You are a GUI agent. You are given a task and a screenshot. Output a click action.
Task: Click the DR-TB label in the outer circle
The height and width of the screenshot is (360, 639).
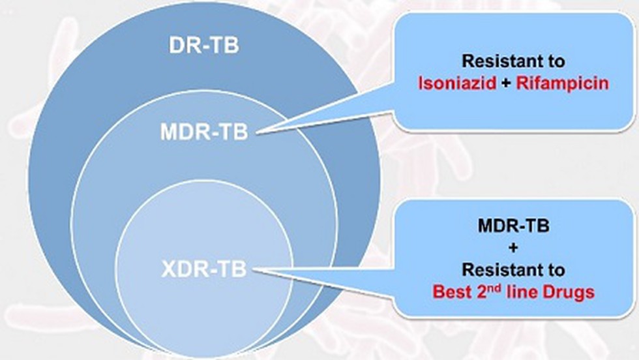(x=203, y=45)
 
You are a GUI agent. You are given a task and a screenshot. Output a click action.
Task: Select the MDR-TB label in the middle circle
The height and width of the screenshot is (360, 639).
(x=204, y=132)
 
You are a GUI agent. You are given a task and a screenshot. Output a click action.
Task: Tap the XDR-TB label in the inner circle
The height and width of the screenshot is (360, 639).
(x=203, y=269)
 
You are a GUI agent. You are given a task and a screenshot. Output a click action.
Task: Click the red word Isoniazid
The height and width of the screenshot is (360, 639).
(x=457, y=83)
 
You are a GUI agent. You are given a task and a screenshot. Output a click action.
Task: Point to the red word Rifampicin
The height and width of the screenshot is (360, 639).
(x=562, y=83)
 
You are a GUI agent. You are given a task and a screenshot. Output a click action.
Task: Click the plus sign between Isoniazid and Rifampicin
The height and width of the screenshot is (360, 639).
(x=506, y=84)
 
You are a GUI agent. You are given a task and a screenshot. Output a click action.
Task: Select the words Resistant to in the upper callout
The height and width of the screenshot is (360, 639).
(x=514, y=61)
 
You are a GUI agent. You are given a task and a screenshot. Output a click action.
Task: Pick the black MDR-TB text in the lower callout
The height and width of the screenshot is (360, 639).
(x=514, y=226)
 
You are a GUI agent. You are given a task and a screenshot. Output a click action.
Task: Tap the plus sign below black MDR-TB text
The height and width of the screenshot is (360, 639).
(x=514, y=247)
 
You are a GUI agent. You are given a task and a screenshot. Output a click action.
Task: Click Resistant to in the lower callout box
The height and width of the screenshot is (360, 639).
(x=514, y=269)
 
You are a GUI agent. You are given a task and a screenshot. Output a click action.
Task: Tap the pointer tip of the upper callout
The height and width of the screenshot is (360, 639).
(x=257, y=132)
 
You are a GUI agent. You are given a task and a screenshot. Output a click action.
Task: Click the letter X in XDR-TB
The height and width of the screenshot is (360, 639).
(x=168, y=269)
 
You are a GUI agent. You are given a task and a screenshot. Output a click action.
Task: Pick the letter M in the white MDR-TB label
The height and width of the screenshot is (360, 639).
(x=169, y=132)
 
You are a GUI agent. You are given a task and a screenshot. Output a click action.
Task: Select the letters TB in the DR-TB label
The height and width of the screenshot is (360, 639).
(x=226, y=45)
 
